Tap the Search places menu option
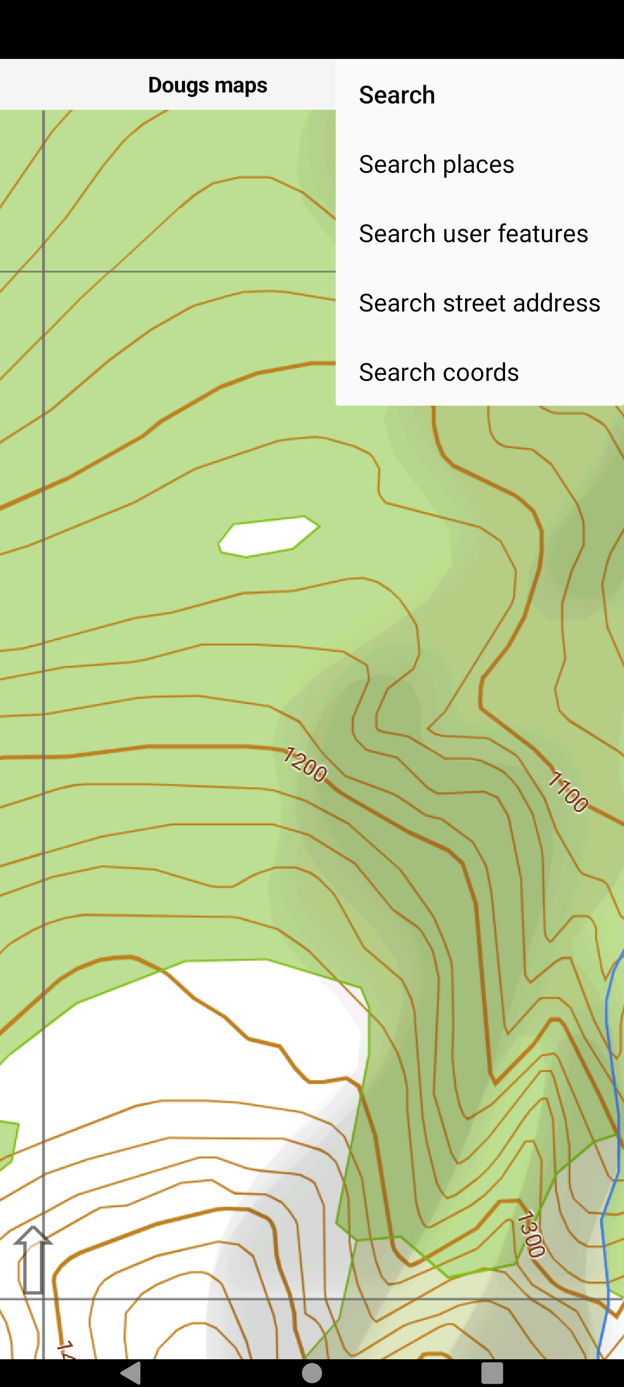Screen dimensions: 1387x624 pos(436,165)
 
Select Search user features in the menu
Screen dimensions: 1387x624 pos(473,234)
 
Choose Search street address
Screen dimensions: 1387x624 pos(479,303)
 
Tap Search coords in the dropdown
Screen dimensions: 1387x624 pos(439,373)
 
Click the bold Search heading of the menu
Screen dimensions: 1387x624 pos(397,95)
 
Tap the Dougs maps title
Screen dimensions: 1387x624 pos(207,86)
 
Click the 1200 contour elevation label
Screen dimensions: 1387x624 pos(306,765)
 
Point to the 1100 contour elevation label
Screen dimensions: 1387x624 pos(568,792)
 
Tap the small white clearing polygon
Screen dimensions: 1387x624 pos(269,536)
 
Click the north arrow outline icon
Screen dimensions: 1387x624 pos(33,1260)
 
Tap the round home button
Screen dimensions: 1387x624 pos(312,1373)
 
